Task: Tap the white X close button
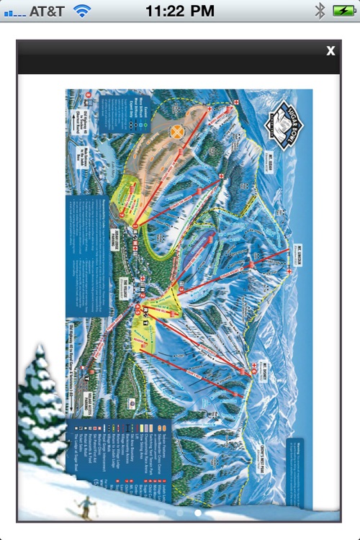[x=330, y=50]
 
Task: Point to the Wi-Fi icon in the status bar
[x=83, y=11]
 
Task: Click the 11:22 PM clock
[x=179, y=11]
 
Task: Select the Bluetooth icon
[x=320, y=11]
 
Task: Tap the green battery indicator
[x=341, y=11]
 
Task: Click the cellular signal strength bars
[x=14, y=12]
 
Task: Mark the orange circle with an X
[x=176, y=132]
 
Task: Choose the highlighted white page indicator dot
[x=198, y=513]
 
